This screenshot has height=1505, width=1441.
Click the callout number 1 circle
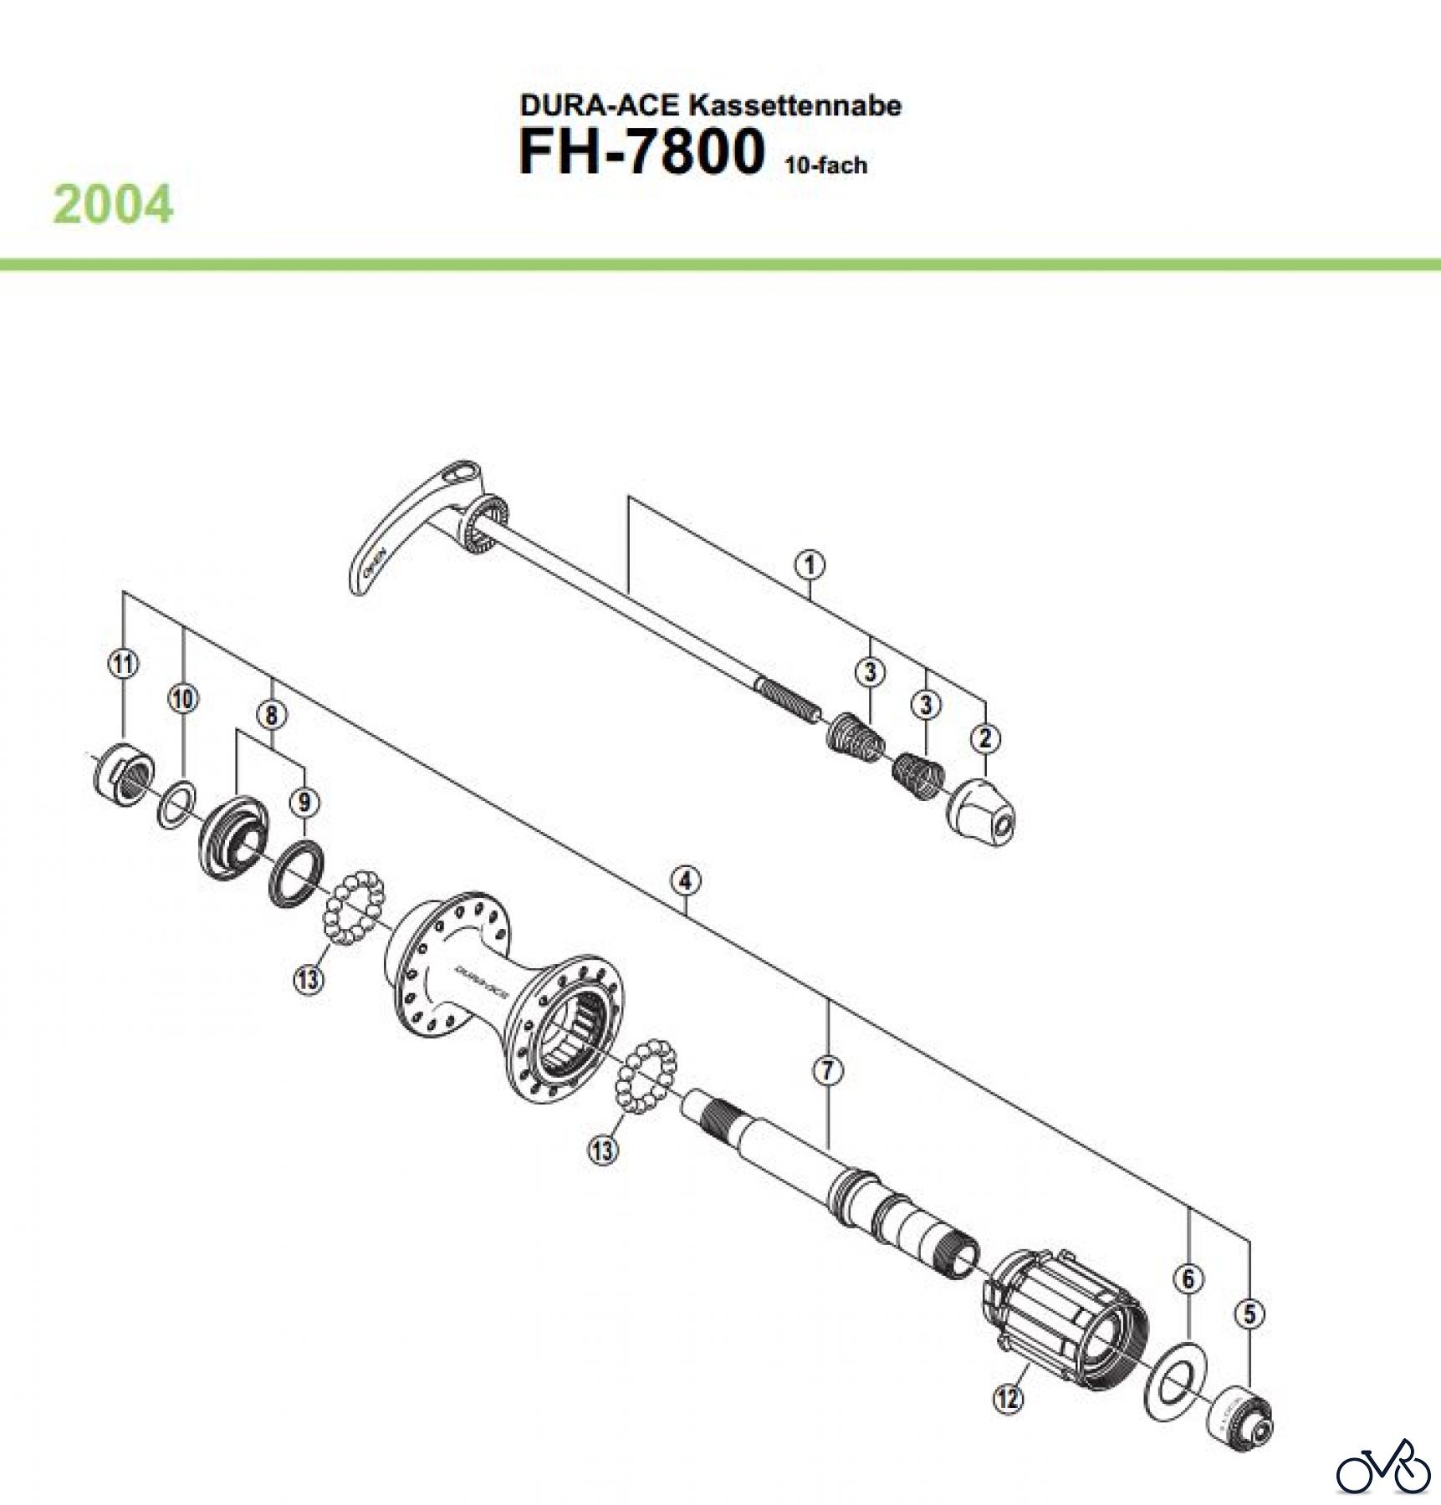pyautogui.click(x=809, y=565)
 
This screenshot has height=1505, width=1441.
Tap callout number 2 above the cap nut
pyautogui.click(x=985, y=738)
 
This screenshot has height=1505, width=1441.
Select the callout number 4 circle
pyautogui.click(x=685, y=880)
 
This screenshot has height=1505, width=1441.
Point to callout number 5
pyautogui.click(x=1249, y=1314)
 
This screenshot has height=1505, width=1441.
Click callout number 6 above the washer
pyautogui.click(x=1188, y=1278)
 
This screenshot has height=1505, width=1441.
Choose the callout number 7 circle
pyautogui.click(x=827, y=1070)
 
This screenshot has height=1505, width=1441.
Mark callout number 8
pyautogui.click(x=271, y=715)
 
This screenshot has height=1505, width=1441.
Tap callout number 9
pyautogui.click(x=304, y=803)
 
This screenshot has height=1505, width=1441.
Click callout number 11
pyautogui.click(x=123, y=665)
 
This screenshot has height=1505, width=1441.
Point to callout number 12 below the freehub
pyautogui.click(x=1009, y=1397)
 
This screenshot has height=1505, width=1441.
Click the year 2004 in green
pyautogui.click(x=114, y=205)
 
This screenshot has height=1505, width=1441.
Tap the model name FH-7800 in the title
pyautogui.click(x=641, y=152)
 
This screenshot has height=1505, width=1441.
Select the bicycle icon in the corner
pyautogui.click(x=1382, y=1467)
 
